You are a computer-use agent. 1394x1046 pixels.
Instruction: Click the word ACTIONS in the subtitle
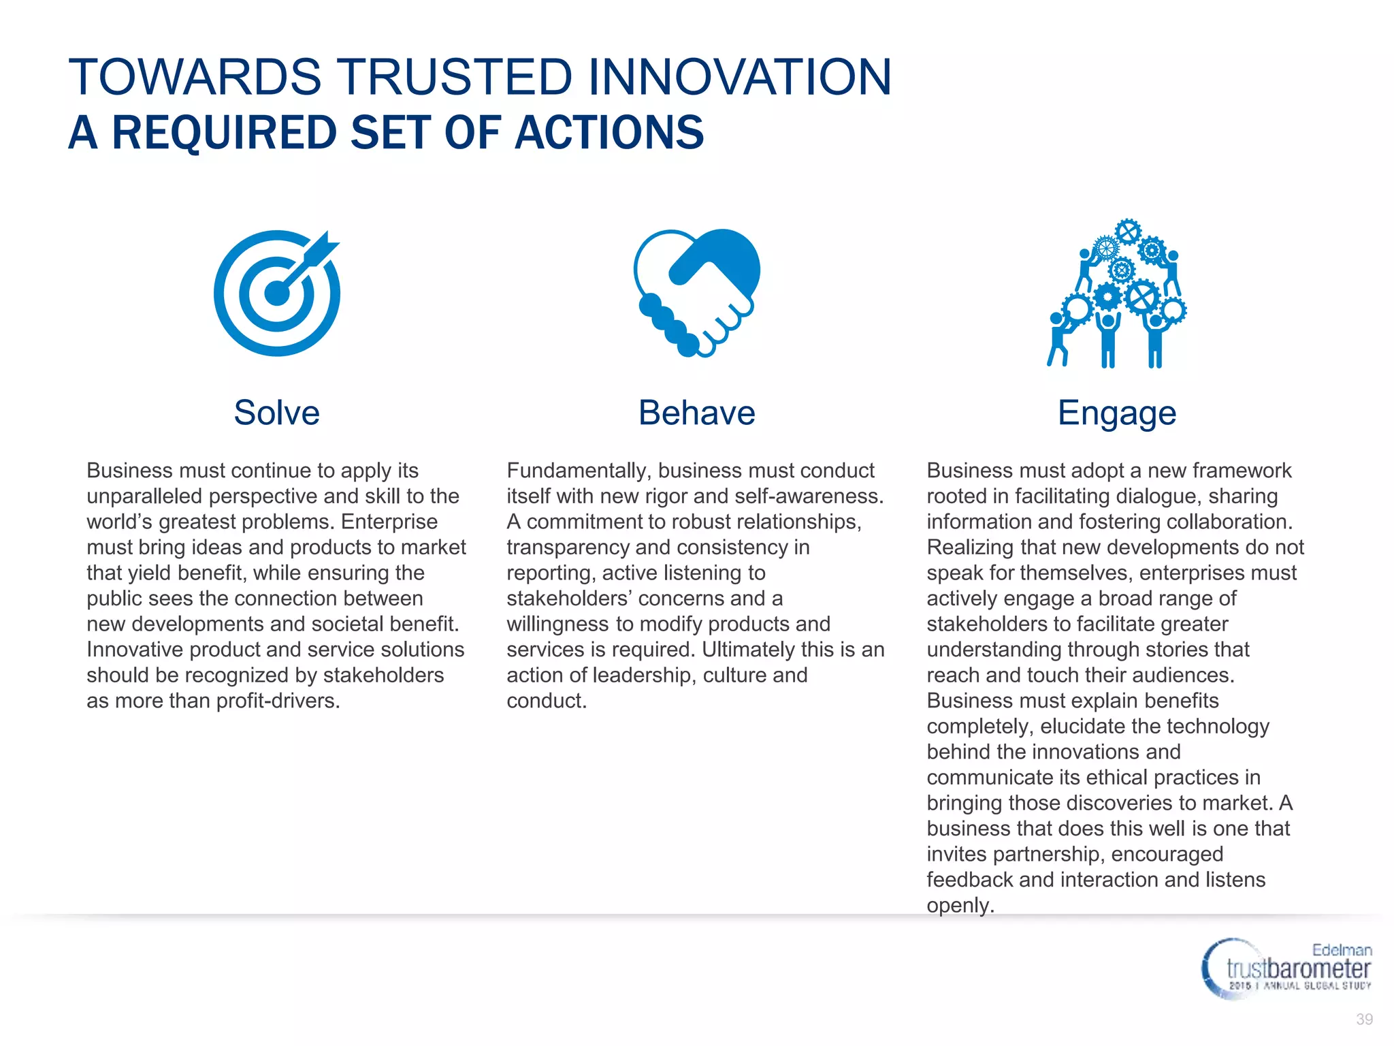(609, 133)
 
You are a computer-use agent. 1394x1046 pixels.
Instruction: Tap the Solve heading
(276, 413)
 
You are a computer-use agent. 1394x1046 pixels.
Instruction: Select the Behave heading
(696, 413)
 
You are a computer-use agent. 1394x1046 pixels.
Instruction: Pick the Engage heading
(1116, 413)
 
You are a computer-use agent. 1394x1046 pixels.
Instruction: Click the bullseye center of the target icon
(276, 294)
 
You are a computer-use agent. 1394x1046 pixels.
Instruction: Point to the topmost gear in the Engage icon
(1128, 232)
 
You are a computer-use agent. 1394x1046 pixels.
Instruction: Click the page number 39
(1364, 1019)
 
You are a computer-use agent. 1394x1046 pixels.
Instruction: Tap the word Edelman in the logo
(1342, 950)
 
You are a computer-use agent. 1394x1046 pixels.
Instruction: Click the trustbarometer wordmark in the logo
(1298, 968)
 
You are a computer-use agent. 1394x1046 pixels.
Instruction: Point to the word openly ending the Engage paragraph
(960, 906)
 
